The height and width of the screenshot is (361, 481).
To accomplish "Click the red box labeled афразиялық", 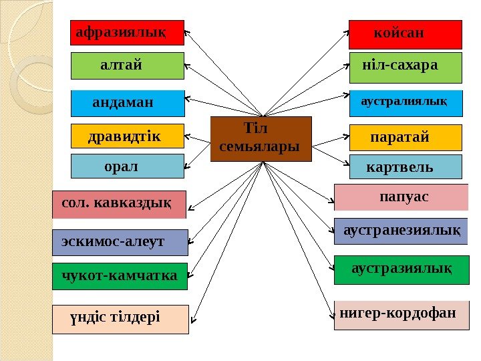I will pos(127,32).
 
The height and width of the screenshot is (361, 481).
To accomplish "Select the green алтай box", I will pos(127,66).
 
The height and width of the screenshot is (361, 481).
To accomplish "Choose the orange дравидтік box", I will pos(127,136).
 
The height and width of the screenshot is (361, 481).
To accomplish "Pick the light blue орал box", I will pos(127,166).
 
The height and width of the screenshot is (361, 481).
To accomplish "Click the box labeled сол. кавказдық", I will pos(119,205).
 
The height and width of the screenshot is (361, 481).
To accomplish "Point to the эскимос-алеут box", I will pos(120,242).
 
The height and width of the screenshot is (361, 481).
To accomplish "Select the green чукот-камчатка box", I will pos(120,276).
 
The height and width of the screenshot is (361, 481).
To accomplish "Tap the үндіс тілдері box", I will pos(120,319).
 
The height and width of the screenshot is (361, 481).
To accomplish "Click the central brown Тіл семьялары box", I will pos(261,139).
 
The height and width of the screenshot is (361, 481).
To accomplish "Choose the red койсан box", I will pos(405,34).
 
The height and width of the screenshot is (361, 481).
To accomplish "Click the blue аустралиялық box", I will pos(406,104).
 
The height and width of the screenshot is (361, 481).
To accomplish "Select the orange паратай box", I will pos(406,137).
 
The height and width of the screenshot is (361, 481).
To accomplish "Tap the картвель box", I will pos(406,166).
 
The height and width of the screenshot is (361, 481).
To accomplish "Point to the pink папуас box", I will pos(401,198).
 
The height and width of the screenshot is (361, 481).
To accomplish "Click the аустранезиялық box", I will pos(401,231).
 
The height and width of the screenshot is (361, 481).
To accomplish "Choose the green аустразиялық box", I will pos(401,269).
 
